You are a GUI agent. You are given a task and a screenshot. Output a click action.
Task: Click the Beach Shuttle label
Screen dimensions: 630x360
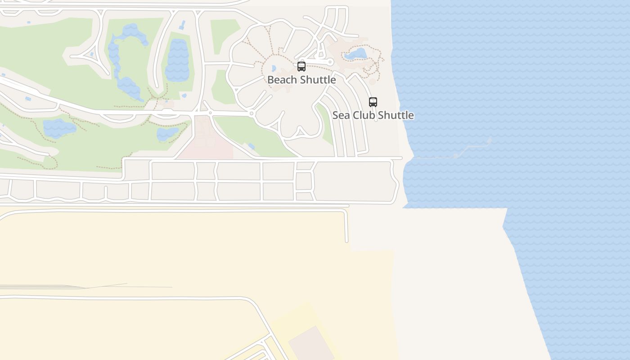pos(301,80)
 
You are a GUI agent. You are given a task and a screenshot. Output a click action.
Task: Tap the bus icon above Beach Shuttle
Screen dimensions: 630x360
pos(301,67)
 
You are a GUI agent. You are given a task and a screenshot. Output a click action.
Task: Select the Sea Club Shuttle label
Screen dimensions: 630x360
pos(373,115)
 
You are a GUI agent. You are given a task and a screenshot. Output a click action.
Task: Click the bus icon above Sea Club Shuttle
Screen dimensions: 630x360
pos(373,102)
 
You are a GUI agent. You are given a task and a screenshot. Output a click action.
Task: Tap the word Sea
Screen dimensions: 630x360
pos(341,115)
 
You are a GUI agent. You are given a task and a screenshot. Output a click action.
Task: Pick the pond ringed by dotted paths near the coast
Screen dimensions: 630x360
pos(356,54)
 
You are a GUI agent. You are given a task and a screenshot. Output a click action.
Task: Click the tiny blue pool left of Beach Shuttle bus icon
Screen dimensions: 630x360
pos(274,68)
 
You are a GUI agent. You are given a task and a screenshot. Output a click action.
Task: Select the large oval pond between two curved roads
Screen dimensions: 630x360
pos(177,60)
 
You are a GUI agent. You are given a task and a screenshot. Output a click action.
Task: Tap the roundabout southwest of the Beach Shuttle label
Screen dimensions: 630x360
pos(252,114)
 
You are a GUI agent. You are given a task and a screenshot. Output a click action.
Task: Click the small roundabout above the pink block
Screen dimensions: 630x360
pos(210,113)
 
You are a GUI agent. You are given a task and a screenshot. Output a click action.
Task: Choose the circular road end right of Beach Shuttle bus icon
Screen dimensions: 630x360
pos(330,62)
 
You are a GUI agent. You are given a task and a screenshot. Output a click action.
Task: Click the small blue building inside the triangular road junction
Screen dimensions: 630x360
pos(91,54)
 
